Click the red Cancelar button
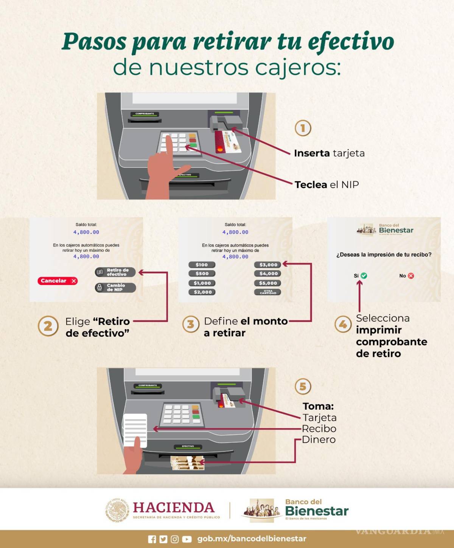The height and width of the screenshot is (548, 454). pyautogui.click(x=58, y=281)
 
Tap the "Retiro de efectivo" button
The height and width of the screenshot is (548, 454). pyautogui.click(x=115, y=272)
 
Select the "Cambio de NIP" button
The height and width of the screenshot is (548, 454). pyautogui.click(x=115, y=288)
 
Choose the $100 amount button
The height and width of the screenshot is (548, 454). pyautogui.click(x=202, y=265)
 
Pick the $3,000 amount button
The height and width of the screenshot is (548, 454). pyautogui.click(x=268, y=265)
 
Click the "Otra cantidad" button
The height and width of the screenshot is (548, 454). pyautogui.click(x=268, y=292)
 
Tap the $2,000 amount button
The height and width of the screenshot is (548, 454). pyautogui.click(x=202, y=292)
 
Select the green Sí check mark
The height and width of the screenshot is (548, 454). pyautogui.click(x=364, y=276)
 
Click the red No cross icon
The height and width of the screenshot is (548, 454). pyautogui.click(x=411, y=276)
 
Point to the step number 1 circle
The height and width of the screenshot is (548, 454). pyautogui.click(x=303, y=128)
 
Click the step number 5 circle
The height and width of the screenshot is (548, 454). pyautogui.click(x=303, y=387)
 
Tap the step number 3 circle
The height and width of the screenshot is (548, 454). pyautogui.click(x=191, y=325)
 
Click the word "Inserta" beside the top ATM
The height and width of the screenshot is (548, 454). pyautogui.click(x=312, y=153)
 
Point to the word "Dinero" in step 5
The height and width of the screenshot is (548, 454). pyautogui.click(x=319, y=440)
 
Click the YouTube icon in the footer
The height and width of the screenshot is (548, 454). pyautogui.click(x=187, y=539)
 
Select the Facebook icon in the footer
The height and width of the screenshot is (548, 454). pyautogui.click(x=152, y=539)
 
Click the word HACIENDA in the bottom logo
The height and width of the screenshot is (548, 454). pyautogui.click(x=174, y=507)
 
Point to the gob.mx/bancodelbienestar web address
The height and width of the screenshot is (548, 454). pyautogui.click(x=252, y=539)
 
